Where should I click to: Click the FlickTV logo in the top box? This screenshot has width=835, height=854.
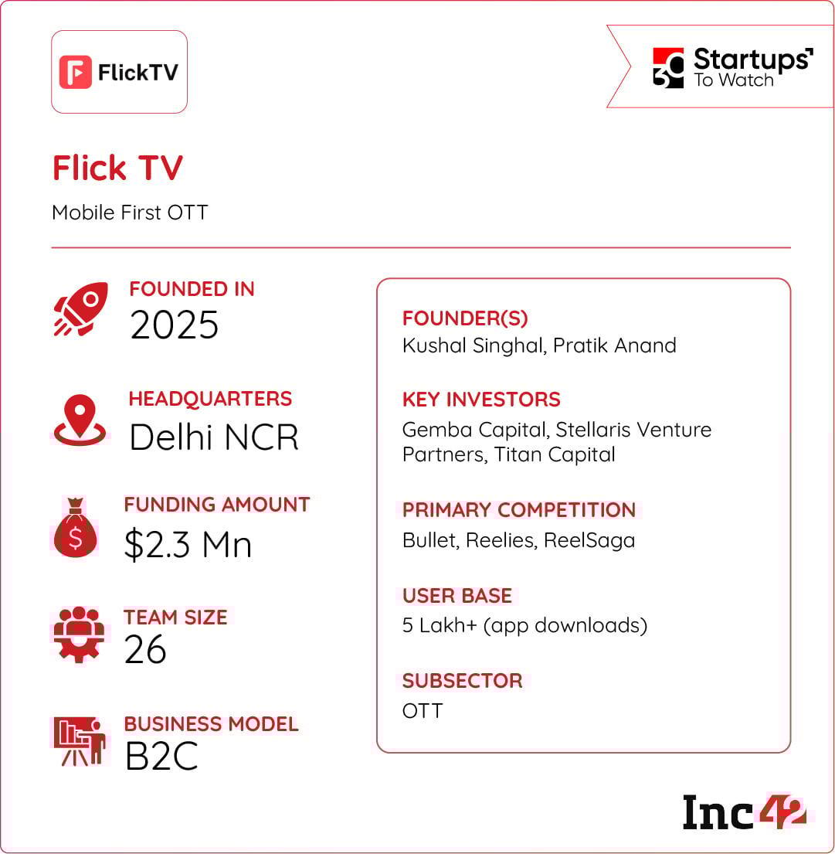pyautogui.click(x=119, y=72)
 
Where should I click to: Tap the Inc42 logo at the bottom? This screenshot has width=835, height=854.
pyautogui.click(x=744, y=812)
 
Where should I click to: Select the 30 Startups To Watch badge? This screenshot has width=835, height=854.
pyautogui.click(x=731, y=68)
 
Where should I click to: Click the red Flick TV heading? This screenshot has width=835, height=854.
pyautogui.click(x=117, y=168)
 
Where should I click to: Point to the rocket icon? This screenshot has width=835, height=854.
pyautogui.click(x=80, y=309)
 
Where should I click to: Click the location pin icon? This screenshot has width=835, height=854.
pyautogui.click(x=80, y=420)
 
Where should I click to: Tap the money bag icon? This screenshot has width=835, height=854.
pyautogui.click(x=76, y=529)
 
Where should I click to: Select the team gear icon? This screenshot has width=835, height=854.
pyautogui.click(x=79, y=635)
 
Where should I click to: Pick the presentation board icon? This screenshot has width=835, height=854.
pyautogui.click(x=79, y=741)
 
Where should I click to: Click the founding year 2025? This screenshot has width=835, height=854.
pyautogui.click(x=175, y=325)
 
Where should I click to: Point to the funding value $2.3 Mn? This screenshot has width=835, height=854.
pyautogui.click(x=188, y=545)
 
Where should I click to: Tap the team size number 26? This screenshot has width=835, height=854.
pyautogui.click(x=145, y=650)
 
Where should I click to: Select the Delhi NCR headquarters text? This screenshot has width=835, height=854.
pyautogui.click(x=213, y=437)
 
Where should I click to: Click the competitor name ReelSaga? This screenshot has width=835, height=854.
pyautogui.click(x=589, y=540)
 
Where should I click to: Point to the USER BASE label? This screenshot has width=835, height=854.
pyautogui.click(x=457, y=596)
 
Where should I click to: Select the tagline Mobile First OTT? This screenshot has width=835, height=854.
pyautogui.click(x=130, y=213)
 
